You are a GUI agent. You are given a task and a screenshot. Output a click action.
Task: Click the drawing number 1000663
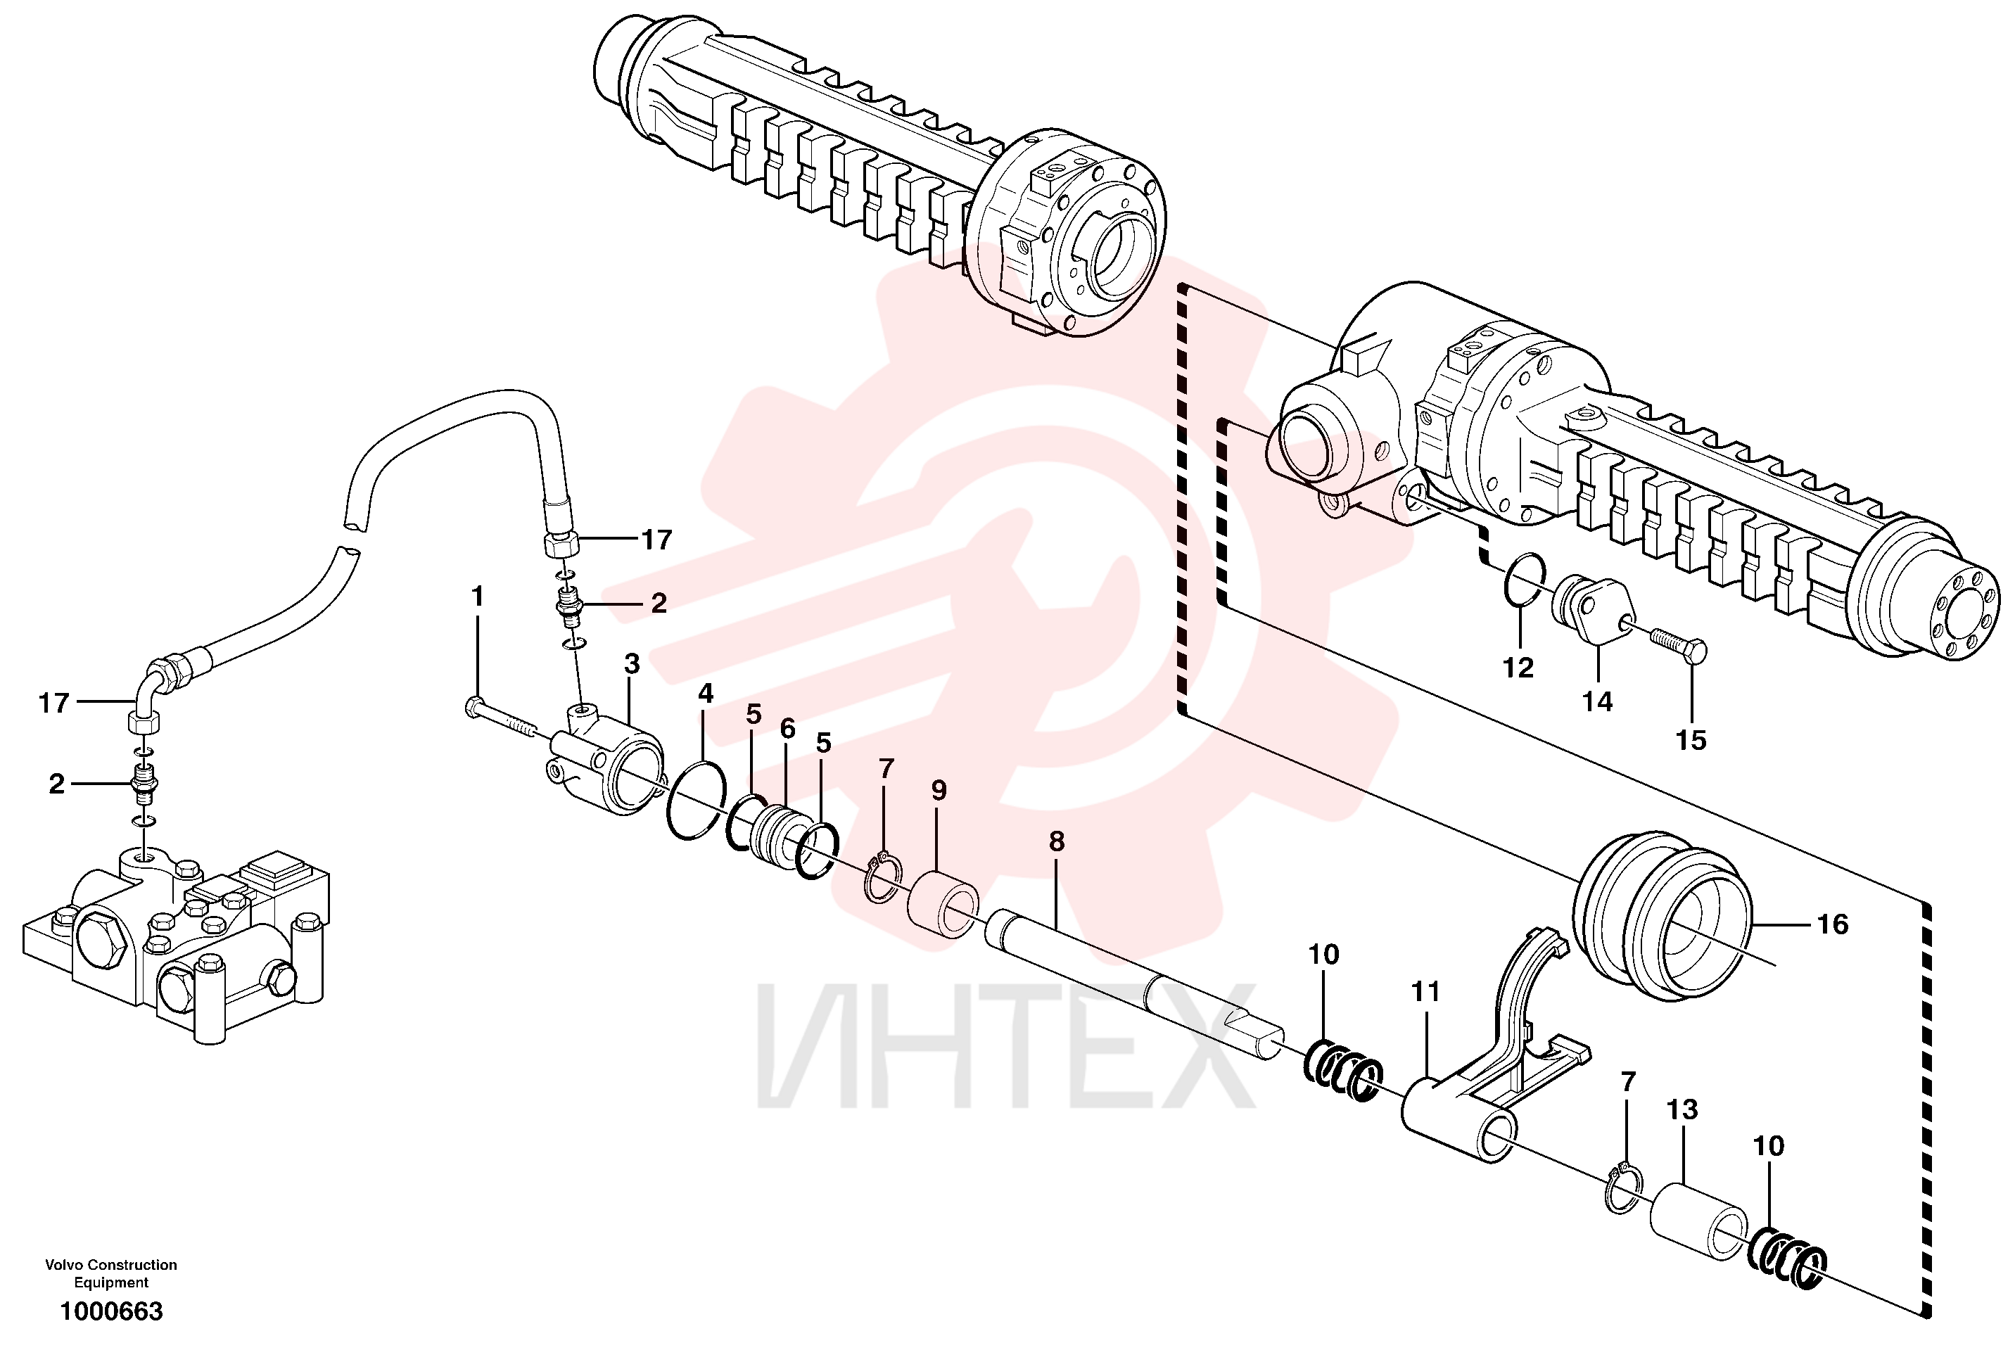click(x=111, y=1311)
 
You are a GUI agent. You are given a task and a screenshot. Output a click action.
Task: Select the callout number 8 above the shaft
click(x=1057, y=841)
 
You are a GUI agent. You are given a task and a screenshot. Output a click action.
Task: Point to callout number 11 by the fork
click(x=1425, y=992)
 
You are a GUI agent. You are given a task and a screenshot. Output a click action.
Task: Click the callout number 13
click(x=1682, y=1110)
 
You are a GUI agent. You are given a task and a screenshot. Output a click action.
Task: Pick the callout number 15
click(x=1691, y=741)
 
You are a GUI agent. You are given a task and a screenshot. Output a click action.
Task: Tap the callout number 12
click(x=1518, y=667)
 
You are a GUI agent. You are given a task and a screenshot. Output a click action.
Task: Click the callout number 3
click(x=632, y=664)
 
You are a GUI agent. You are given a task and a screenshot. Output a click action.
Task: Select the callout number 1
click(x=477, y=596)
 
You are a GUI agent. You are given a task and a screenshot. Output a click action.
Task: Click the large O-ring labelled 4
click(x=696, y=801)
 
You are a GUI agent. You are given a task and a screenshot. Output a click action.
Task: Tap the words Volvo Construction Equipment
click(x=111, y=1273)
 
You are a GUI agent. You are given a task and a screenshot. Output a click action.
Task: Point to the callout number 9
click(x=939, y=790)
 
